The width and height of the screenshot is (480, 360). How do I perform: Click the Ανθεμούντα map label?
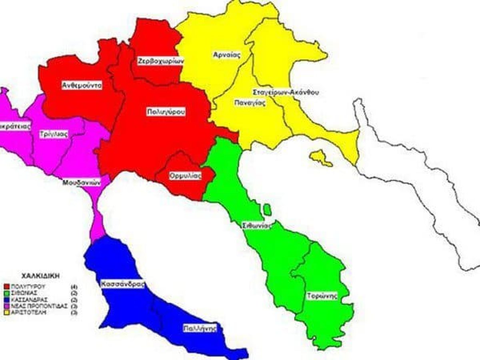(x=82, y=85)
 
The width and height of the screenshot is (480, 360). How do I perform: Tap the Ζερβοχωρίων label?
(x=160, y=61)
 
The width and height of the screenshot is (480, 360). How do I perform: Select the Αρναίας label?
(x=226, y=55)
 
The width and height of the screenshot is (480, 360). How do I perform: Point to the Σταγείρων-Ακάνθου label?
(x=286, y=92)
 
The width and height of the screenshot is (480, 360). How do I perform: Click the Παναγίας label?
(x=250, y=102)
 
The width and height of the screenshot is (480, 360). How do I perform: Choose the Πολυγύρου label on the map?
(x=165, y=112)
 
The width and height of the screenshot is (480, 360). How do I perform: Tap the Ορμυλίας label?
(x=185, y=176)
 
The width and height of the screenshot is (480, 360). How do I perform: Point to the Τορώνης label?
(x=322, y=296)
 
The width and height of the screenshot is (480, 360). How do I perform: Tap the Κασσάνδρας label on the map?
(x=122, y=284)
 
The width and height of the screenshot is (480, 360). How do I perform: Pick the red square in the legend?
(x=6, y=287)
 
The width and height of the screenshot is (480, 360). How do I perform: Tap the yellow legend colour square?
(x=6, y=312)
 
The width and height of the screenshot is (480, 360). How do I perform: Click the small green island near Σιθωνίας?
(x=267, y=209)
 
